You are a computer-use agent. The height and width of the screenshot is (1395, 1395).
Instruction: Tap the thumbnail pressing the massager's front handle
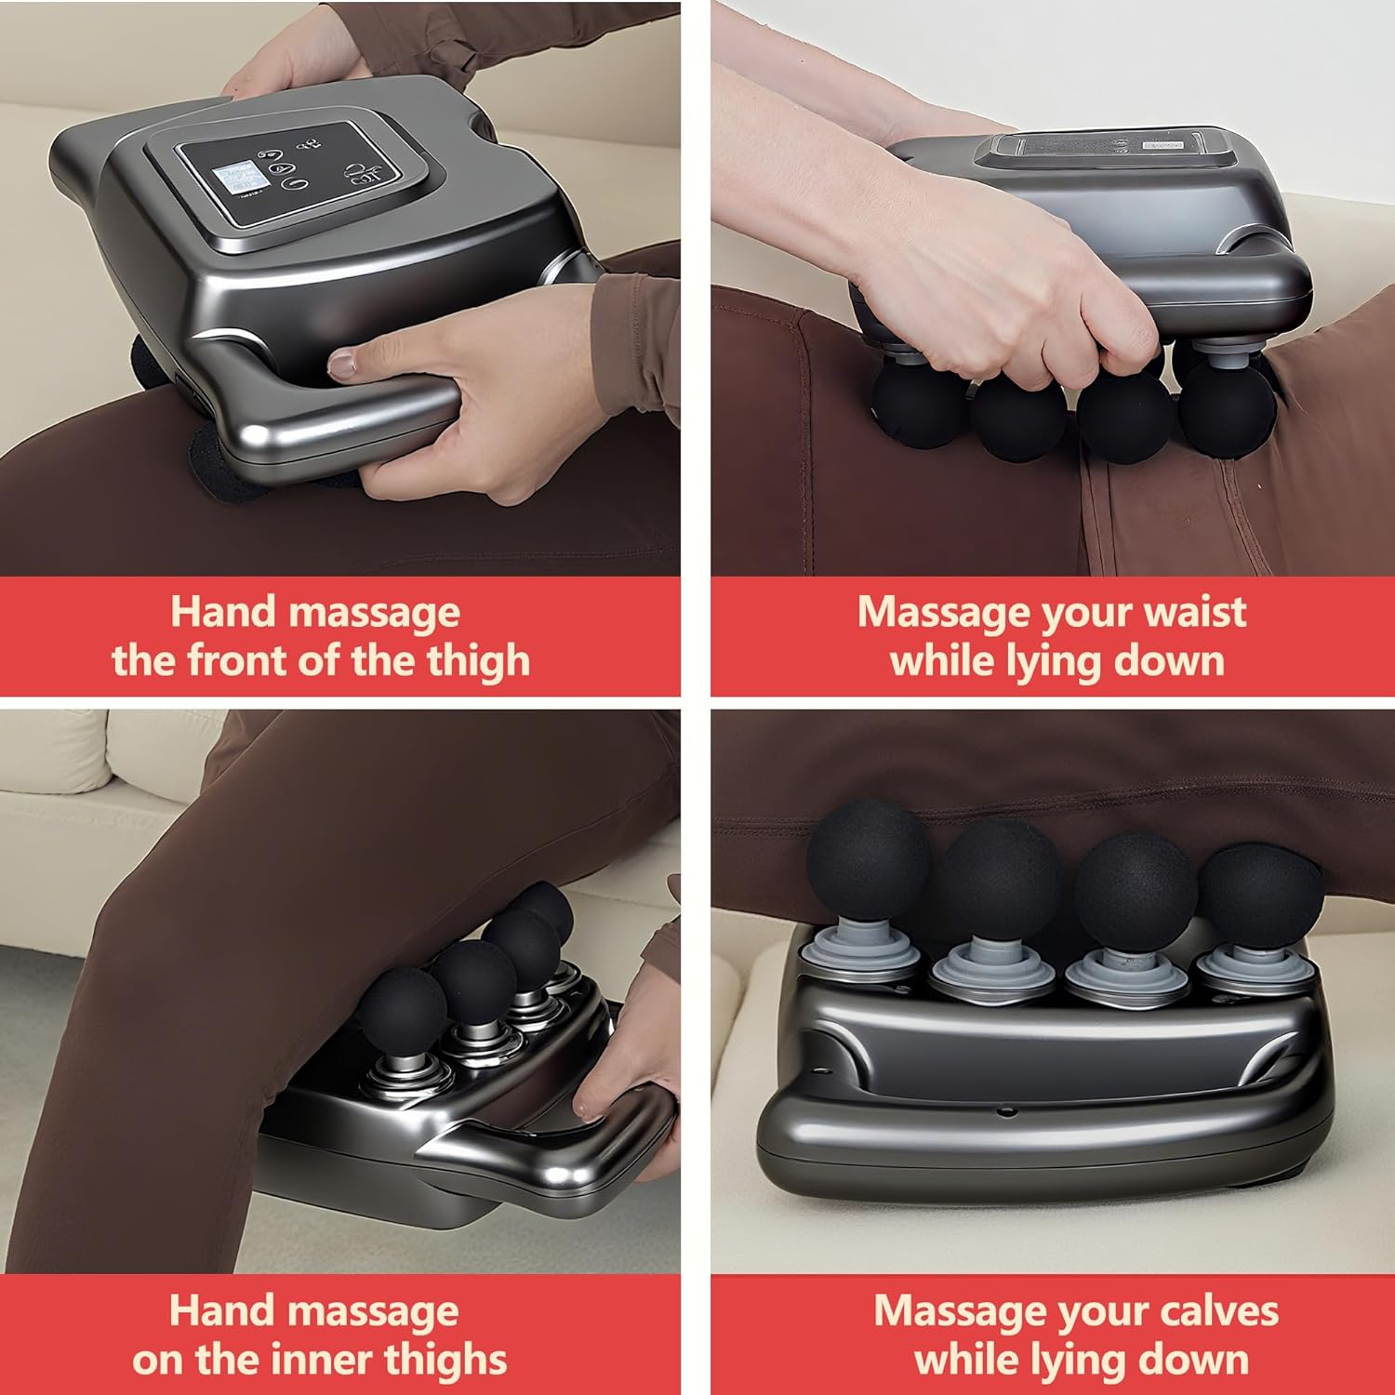(343, 363)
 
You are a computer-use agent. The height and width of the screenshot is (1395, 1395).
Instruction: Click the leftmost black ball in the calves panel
(867, 858)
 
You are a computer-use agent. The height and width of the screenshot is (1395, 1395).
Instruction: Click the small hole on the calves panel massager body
(1005, 1110)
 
